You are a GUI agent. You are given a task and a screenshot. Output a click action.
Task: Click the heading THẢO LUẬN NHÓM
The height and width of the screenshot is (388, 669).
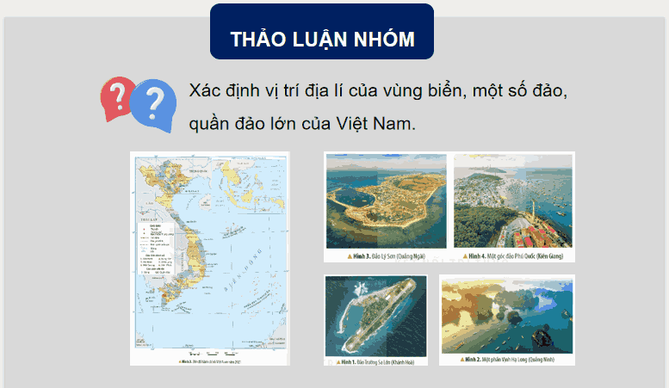[321, 40]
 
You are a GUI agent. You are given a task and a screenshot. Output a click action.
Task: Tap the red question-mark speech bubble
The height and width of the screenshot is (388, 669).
[118, 95]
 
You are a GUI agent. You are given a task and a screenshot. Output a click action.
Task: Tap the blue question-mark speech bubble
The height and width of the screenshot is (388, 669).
[152, 104]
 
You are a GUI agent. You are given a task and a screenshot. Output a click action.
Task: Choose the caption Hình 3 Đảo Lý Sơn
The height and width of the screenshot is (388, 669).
[385, 256]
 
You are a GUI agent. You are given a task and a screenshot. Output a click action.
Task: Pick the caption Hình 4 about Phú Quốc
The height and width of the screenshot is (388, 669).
[511, 256]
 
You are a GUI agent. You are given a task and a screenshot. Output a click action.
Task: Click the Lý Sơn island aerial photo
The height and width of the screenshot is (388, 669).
[386, 201]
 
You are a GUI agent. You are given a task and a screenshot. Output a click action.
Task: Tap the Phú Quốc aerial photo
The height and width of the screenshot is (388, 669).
[511, 201]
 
